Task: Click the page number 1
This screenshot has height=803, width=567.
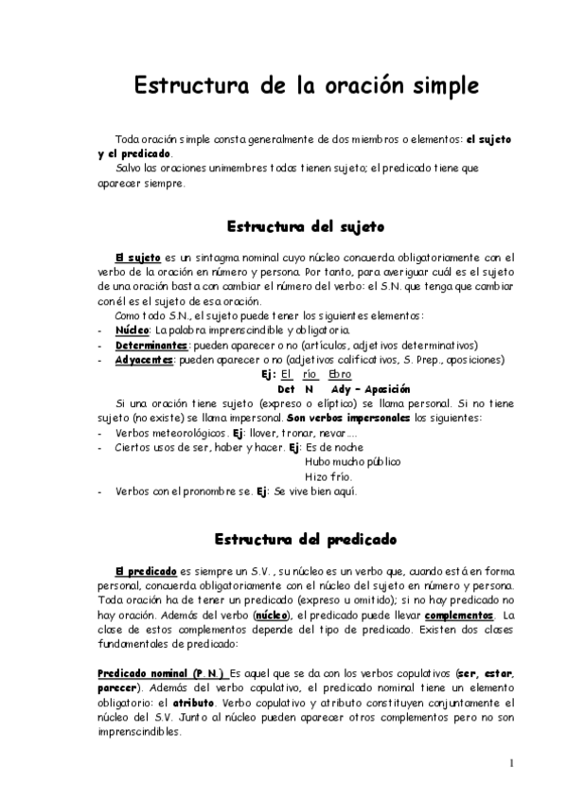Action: point(510,763)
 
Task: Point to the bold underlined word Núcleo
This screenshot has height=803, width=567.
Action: point(132,330)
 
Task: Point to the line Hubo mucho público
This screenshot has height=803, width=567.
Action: point(352,461)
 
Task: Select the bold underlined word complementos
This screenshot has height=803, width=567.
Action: point(449,616)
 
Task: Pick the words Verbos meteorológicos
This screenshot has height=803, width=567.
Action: point(168,433)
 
